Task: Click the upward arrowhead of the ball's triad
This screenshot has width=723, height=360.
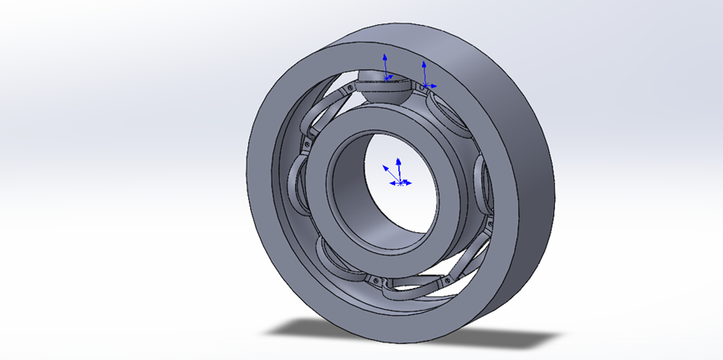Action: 384,57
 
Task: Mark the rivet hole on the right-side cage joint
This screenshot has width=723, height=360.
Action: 487,221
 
